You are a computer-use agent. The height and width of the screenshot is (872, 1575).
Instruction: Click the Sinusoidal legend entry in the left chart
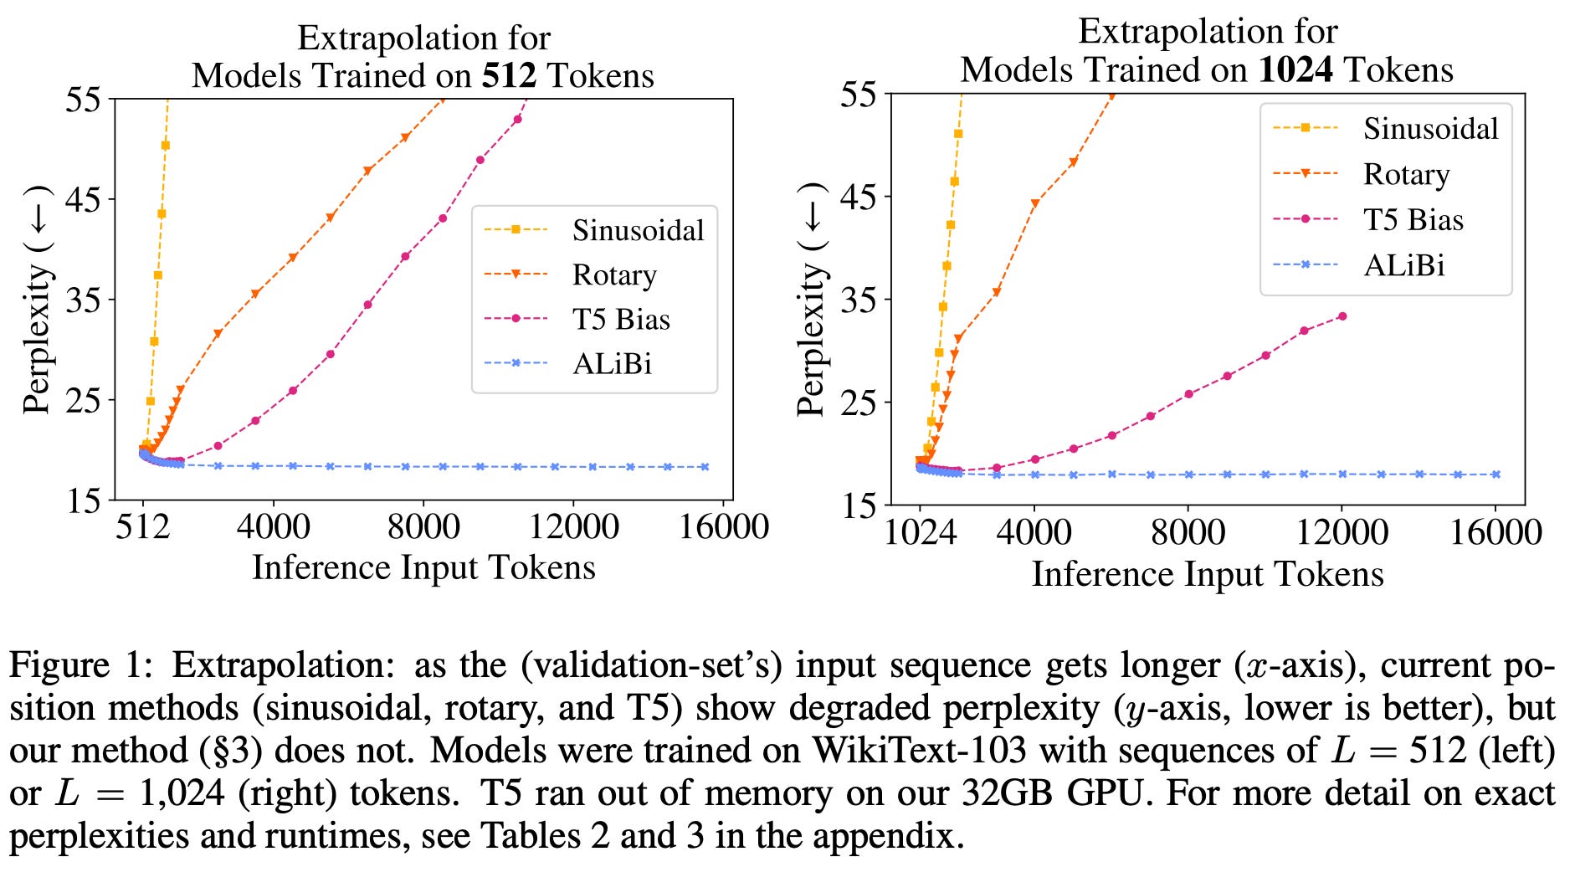(x=638, y=230)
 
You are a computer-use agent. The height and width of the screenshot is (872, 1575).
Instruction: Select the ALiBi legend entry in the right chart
(x=1403, y=265)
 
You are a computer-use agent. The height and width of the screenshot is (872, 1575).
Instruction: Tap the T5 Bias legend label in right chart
(x=1413, y=220)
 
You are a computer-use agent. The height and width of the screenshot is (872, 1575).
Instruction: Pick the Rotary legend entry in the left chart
(x=614, y=274)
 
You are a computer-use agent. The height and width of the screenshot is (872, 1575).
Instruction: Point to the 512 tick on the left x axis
(x=143, y=527)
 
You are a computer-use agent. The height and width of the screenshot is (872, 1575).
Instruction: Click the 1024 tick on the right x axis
(x=920, y=533)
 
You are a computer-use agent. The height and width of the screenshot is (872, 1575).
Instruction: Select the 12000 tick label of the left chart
(x=573, y=527)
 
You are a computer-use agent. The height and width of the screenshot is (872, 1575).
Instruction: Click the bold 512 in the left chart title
(x=509, y=76)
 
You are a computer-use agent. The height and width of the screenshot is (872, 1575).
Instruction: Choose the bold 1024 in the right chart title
(x=1295, y=69)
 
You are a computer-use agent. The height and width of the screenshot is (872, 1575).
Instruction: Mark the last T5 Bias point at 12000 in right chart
(x=1342, y=316)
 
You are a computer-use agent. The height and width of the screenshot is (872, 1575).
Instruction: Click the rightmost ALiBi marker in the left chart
(x=705, y=467)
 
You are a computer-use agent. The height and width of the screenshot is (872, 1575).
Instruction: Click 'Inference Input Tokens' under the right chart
(x=1207, y=575)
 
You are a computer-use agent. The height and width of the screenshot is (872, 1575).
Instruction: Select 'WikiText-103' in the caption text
(x=919, y=751)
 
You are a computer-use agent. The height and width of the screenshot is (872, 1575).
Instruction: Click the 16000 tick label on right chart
(x=1495, y=533)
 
